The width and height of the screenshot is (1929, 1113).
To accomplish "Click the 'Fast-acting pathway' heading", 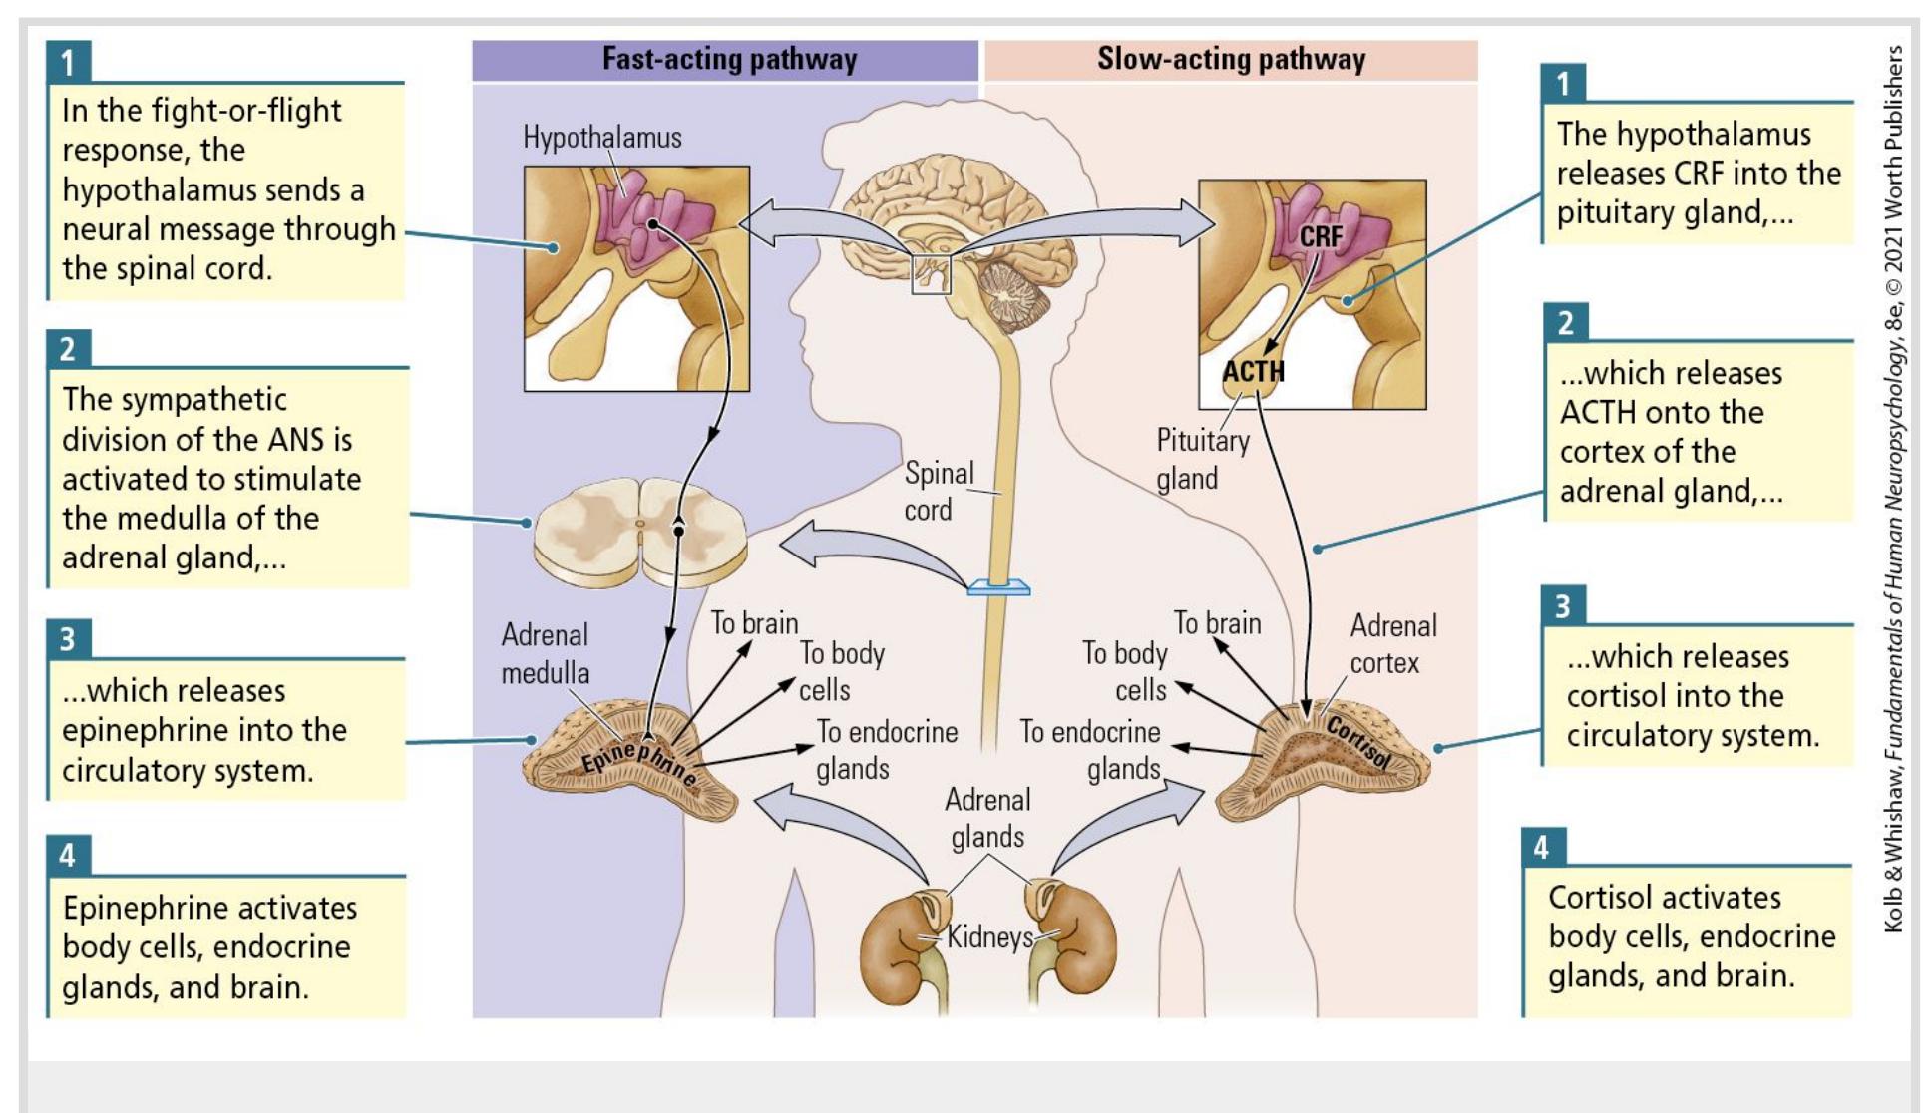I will (729, 59).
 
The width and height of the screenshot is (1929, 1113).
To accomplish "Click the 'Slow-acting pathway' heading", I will (1231, 59).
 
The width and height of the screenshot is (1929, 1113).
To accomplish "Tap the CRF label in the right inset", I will (1321, 236).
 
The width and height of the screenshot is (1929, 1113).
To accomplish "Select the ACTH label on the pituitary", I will (1254, 372).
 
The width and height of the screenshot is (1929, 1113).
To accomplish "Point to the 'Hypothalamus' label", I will (602, 138).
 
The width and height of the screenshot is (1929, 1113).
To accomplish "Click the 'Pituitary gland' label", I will (1202, 459).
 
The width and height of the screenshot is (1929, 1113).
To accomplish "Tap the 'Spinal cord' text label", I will (939, 491).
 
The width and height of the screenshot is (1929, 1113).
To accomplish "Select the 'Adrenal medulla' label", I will (545, 653).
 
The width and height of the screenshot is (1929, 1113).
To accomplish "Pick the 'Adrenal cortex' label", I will (1392, 644).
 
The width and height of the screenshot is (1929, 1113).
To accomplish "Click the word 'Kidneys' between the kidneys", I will (989, 936).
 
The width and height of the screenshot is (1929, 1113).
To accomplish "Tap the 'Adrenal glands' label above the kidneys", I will (987, 818).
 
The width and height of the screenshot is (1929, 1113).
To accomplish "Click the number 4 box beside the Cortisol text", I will (1541, 848).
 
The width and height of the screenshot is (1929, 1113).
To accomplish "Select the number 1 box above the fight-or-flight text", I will (68, 62).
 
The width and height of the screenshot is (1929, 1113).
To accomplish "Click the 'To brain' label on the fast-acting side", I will (754, 623).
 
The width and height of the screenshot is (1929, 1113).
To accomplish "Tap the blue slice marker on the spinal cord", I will (998, 587).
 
